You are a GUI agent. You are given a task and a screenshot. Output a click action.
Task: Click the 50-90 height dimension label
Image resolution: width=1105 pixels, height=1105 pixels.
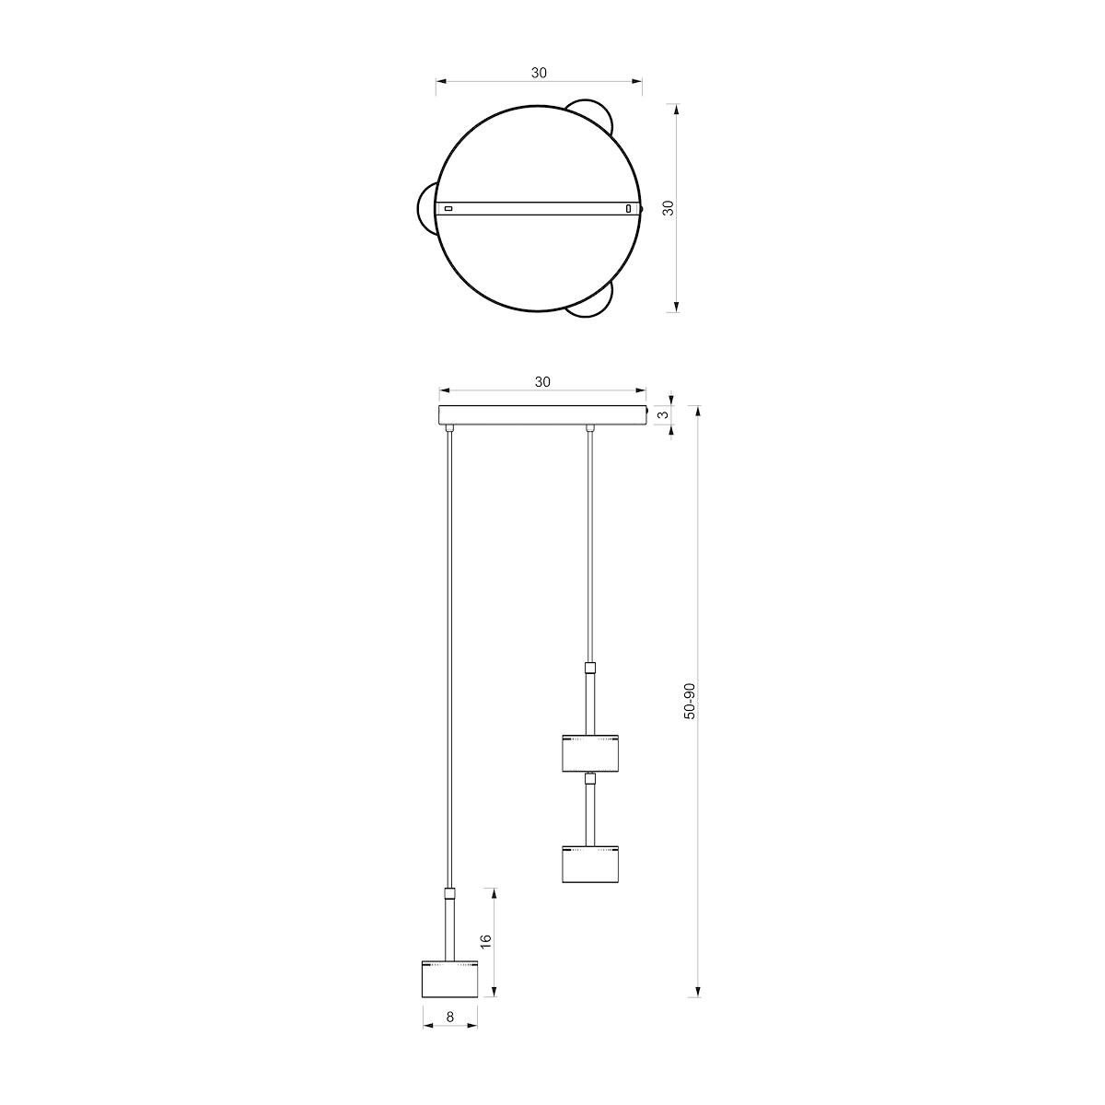coord(690,702)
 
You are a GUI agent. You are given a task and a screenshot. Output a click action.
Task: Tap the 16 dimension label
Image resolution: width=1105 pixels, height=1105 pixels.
coord(485,942)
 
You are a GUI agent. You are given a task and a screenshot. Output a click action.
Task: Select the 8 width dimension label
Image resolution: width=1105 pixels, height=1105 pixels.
coord(449,1017)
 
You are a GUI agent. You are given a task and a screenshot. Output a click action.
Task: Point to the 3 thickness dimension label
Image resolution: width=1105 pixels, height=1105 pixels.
coord(663,414)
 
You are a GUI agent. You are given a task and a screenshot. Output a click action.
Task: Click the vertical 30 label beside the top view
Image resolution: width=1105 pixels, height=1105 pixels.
coord(668,207)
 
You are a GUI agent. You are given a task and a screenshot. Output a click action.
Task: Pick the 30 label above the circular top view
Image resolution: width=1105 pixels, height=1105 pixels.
coord(539,73)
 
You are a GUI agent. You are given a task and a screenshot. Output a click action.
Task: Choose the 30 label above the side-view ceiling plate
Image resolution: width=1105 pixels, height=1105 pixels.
coord(542,382)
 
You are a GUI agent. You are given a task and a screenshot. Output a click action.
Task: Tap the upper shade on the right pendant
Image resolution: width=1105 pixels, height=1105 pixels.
coord(590,753)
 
